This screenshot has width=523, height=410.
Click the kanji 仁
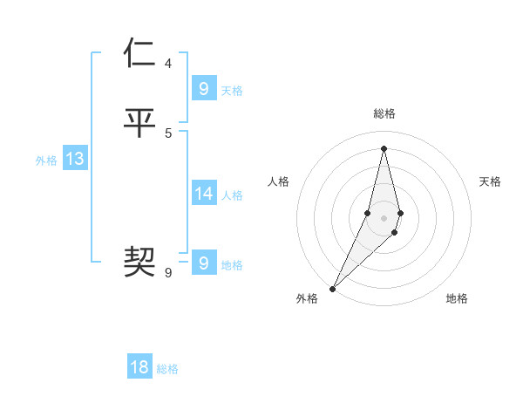[140, 53]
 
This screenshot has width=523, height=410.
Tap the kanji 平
[140, 123]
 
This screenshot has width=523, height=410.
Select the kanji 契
[140, 260]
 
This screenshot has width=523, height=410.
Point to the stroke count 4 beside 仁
[168, 64]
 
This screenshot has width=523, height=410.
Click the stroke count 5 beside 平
[168, 133]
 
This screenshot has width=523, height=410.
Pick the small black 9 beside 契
[168, 273]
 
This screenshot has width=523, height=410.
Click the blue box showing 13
[74, 159]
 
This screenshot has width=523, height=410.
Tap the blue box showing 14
[203, 194]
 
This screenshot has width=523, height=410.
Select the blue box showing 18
[139, 367]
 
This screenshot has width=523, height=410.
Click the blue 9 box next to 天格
[203, 89]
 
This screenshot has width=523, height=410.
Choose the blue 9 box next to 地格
[203, 263]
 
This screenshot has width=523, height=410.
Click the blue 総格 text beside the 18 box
[167, 369]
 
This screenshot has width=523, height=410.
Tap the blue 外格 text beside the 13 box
[46, 161]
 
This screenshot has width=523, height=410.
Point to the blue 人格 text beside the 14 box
[233, 195]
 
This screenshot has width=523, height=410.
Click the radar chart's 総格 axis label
[384, 113]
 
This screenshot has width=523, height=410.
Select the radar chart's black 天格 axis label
[491, 181]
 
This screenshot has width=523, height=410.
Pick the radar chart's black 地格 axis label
[457, 298]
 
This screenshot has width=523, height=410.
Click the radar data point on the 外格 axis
[332, 289]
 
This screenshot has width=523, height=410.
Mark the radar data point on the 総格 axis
[384, 147]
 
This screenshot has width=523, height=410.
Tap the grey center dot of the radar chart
[384, 218]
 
